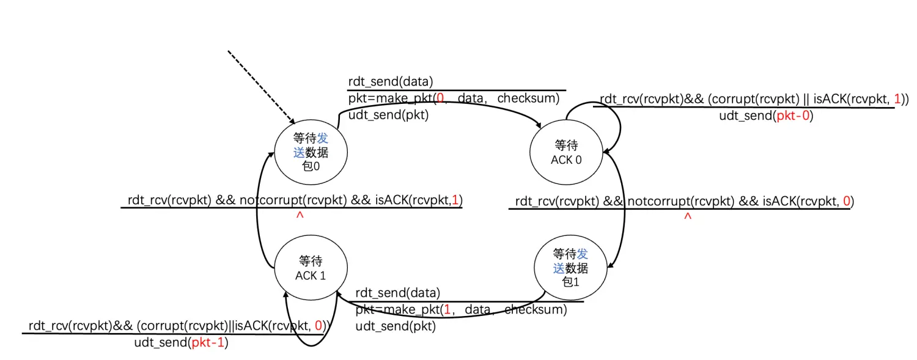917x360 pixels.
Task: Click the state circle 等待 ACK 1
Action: (311, 268)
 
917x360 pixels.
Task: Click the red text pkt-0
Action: (794, 116)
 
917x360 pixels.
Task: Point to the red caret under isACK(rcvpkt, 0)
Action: (688, 216)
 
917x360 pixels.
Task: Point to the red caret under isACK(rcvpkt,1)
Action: (300, 216)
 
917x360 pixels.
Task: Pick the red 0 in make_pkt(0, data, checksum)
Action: (440, 98)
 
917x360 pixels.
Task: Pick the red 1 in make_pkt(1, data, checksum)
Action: (447, 310)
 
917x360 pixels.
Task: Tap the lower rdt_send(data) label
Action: (397, 293)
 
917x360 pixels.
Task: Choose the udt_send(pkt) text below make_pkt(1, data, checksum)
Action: (396, 326)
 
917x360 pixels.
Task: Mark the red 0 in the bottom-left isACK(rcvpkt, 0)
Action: (319, 326)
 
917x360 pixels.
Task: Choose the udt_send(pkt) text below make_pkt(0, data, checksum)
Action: (388, 115)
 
